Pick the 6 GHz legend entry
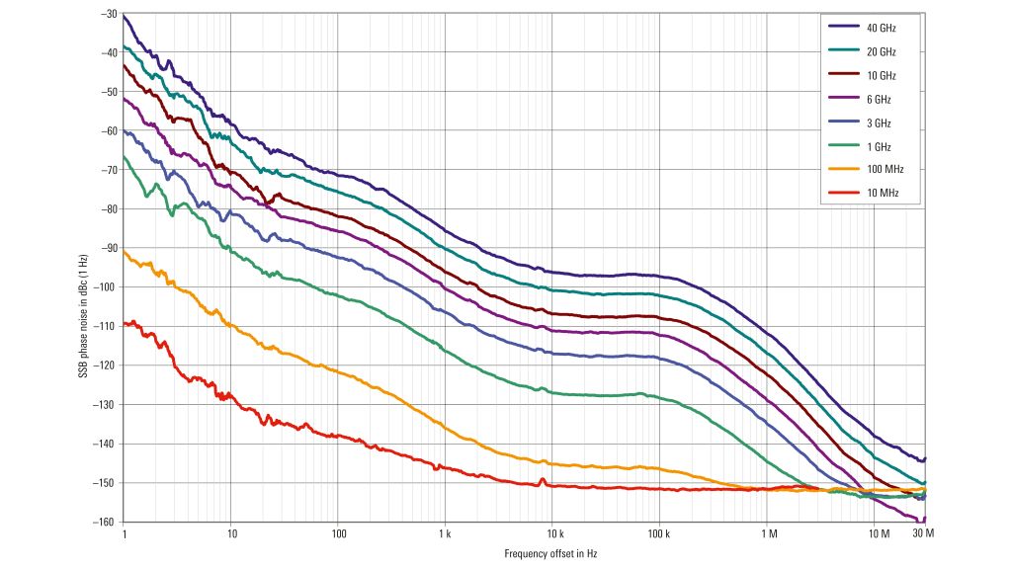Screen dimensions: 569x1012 (x=878, y=99)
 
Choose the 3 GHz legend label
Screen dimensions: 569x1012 (x=878, y=122)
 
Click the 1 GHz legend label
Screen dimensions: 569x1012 (x=878, y=146)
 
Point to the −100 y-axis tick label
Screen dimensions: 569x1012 (x=106, y=287)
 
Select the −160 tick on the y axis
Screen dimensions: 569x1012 (x=106, y=522)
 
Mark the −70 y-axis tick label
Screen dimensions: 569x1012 (x=108, y=170)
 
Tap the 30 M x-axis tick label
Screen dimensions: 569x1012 (x=923, y=534)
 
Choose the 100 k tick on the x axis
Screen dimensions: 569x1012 (x=659, y=534)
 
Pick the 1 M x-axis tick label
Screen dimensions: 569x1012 (x=768, y=534)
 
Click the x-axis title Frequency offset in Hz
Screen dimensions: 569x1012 (x=550, y=554)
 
